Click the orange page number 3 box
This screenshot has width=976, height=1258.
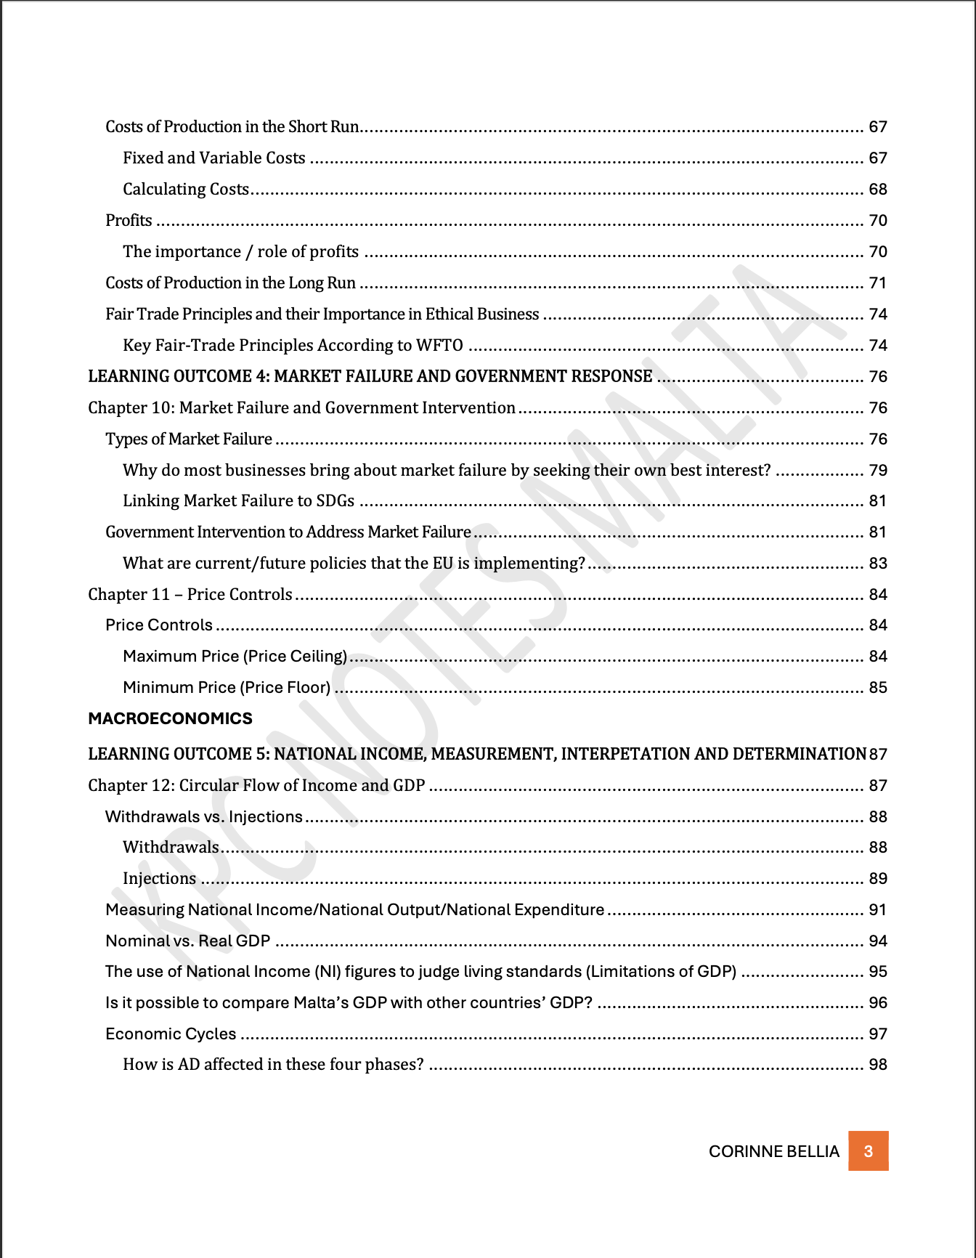point(868,1151)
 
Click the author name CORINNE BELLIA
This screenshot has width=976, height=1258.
point(773,1151)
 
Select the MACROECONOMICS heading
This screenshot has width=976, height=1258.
point(170,718)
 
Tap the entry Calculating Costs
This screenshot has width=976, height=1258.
point(186,189)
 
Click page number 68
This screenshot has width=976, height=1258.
point(878,189)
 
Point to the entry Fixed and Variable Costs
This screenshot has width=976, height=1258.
point(214,158)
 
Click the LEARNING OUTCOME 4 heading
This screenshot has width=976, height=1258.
point(370,376)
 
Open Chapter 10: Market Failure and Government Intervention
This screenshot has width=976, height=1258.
point(301,407)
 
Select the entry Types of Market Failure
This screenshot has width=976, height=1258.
point(189,439)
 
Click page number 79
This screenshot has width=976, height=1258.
point(878,470)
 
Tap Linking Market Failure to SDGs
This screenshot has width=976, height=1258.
point(238,500)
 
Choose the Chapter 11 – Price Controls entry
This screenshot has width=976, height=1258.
point(190,594)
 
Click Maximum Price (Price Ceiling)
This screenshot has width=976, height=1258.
point(235,656)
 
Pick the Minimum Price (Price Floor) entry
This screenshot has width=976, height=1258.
point(227,687)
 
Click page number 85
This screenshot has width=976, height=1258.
point(878,687)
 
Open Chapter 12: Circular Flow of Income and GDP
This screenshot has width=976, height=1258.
point(256,785)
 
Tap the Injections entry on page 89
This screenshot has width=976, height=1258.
point(160,878)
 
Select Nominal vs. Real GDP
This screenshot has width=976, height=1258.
point(187,941)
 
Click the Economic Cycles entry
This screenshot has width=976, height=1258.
point(171,1034)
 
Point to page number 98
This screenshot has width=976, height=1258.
point(878,1064)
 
